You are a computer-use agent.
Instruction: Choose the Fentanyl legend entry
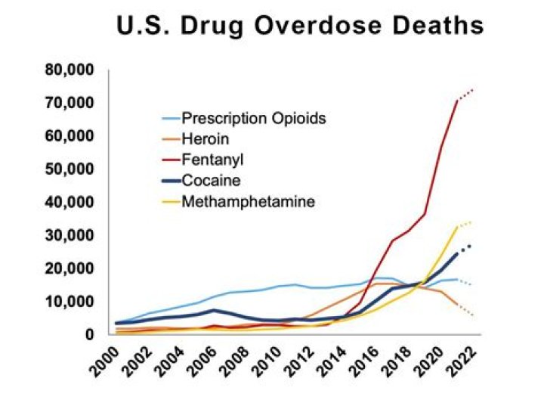pyautogui.click(x=207, y=160)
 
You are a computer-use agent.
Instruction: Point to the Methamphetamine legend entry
pyautogui.click(x=248, y=202)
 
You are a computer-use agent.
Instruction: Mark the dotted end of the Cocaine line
pyautogui.click(x=466, y=248)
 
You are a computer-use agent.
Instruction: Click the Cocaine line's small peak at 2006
pyautogui.click(x=215, y=310)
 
